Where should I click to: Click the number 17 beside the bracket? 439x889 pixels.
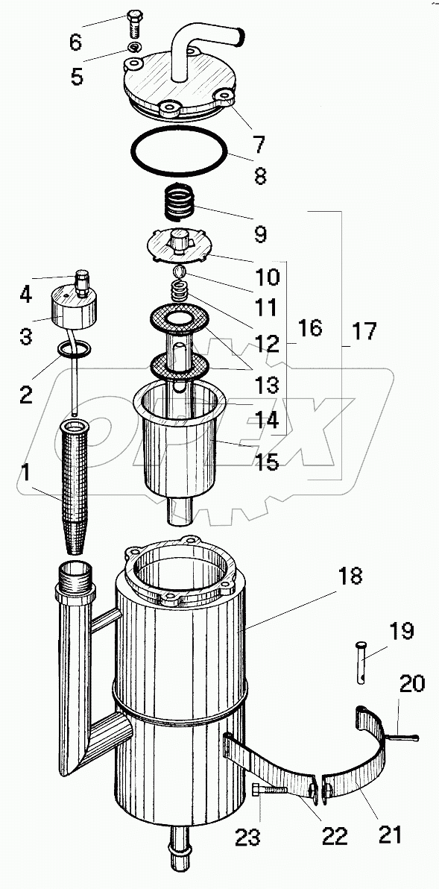point(364,331)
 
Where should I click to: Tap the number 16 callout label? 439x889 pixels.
point(310,327)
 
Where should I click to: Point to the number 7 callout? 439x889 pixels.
point(259,145)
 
